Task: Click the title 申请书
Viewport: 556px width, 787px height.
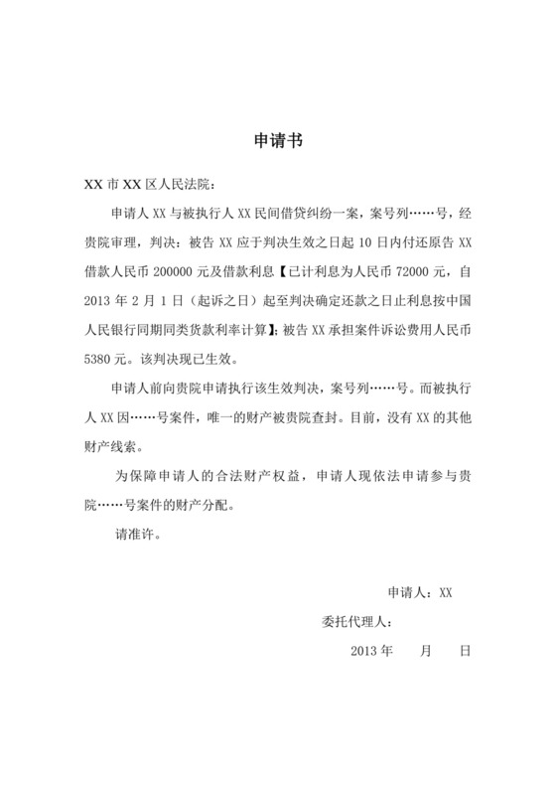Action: [x=278, y=141]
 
